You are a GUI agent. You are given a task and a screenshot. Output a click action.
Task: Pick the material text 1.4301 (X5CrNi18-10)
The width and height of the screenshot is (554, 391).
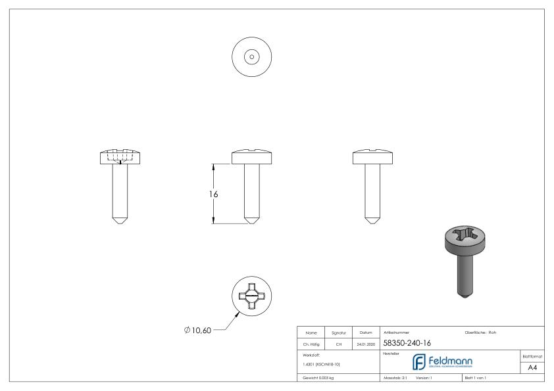tap(321, 363)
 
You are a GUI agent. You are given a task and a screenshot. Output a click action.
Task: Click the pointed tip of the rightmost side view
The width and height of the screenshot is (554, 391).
tap(372, 220)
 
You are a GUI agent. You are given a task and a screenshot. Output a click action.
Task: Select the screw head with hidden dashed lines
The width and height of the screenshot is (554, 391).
tap(119, 157)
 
